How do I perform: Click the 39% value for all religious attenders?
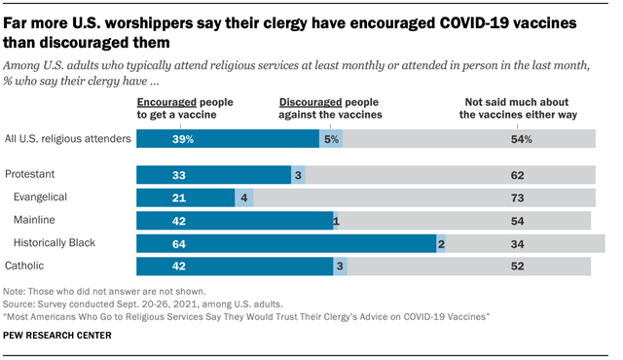(155, 139)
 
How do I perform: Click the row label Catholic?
(26, 265)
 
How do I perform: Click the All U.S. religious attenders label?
(67, 139)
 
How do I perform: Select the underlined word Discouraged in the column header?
(311, 101)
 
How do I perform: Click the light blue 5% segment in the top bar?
(331, 139)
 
